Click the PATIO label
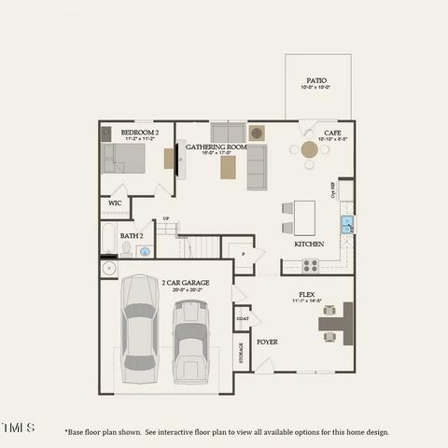(317, 81)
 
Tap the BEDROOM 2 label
(140, 133)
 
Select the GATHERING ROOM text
(216, 147)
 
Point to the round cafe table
(310, 149)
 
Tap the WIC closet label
(115, 203)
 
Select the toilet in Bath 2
(127, 249)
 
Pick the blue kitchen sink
(346, 224)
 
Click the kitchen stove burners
(310, 265)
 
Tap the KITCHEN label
(309, 244)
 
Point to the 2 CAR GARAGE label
(185, 282)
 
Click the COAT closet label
(243, 318)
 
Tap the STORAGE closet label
(242, 355)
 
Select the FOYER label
(268, 342)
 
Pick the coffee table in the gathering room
(228, 167)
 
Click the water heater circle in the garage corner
(109, 269)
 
